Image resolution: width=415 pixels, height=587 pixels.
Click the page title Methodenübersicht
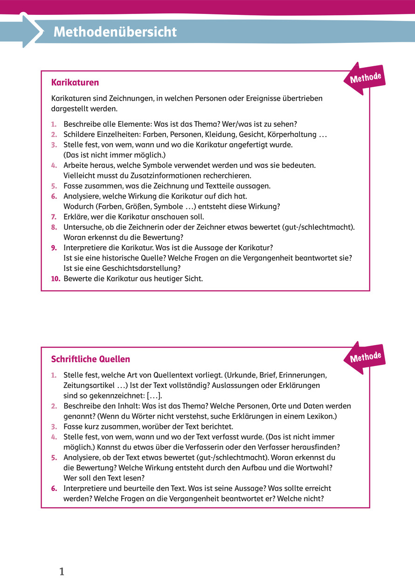115,32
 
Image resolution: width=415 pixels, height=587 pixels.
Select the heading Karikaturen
75,83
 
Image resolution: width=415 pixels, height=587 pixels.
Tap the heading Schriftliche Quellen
90,359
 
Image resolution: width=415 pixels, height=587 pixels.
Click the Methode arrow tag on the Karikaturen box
365,78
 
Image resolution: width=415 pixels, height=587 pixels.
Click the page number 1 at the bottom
62,572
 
